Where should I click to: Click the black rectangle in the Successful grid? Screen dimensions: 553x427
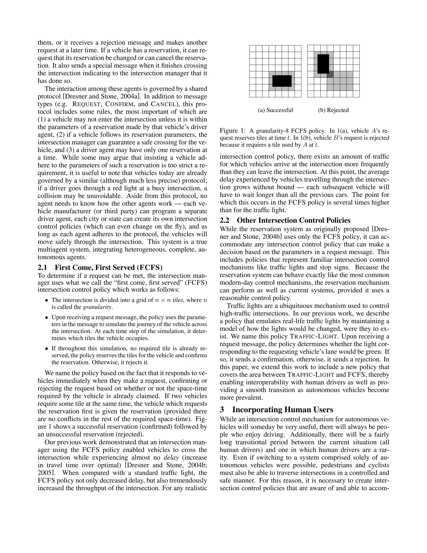tap(282, 81)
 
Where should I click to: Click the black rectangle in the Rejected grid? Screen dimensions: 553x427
tap(323, 64)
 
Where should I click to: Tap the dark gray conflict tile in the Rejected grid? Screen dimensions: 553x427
tap(330, 74)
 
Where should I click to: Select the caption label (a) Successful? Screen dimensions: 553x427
tap(275, 110)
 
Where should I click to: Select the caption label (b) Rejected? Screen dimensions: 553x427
tap(333, 110)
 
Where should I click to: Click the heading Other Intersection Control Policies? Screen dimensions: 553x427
tap(293, 220)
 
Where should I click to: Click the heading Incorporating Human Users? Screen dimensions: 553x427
tap(283, 410)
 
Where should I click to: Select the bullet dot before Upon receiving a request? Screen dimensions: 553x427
tap(46, 318)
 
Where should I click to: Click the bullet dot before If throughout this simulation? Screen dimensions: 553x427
tap(46, 349)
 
